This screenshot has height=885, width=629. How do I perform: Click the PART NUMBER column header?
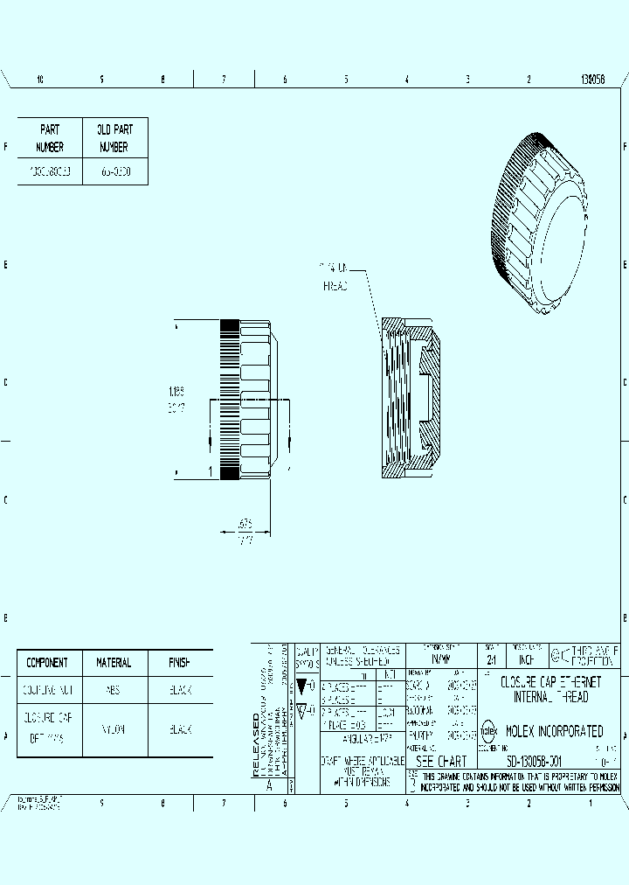(x=50, y=138)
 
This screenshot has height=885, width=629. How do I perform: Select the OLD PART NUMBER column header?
(x=114, y=138)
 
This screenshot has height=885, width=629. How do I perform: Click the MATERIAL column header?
(x=114, y=663)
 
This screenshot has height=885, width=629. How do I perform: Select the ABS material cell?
(x=114, y=690)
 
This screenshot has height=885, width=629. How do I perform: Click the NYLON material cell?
(x=114, y=729)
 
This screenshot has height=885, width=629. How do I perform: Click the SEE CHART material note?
(x=442, y=761)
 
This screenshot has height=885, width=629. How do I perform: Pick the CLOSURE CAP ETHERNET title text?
(x=550, y=680)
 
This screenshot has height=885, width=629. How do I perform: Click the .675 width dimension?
(x=245, y=525)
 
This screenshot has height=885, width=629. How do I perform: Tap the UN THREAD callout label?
(x=335, y=275)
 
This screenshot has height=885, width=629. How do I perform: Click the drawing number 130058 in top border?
(x=592, y=79)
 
